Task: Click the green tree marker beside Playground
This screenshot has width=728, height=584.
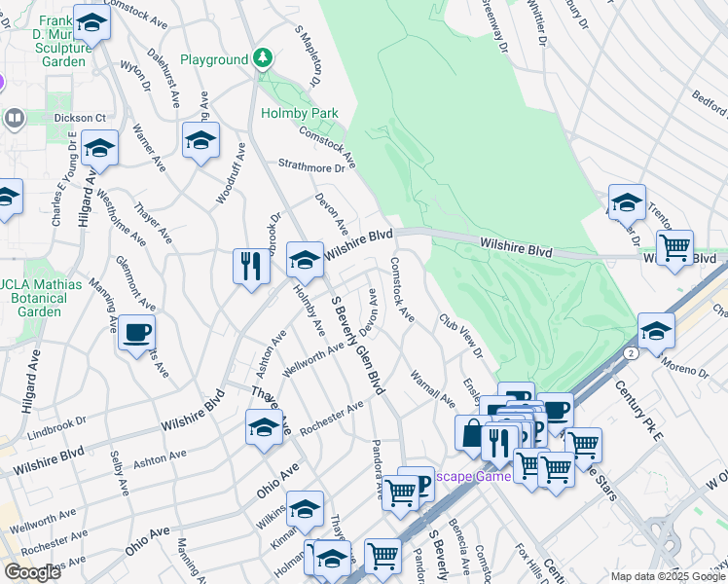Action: click(x=262, y=59)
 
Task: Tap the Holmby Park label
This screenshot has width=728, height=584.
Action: click(x=299, y=113)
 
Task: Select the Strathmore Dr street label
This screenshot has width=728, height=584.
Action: click(x=312, y=166)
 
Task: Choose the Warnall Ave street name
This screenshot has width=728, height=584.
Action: click(x=432, y=387)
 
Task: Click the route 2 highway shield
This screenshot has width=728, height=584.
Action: click(x=632, y=351)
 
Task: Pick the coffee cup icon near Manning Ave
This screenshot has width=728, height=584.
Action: click(x=136, y=333)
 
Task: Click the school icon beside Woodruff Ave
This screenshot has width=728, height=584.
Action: click(x=200, y=141)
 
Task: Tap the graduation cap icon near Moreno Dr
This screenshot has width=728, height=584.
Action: click(x=657, y=332)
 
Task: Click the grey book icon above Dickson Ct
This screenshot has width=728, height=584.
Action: click(x=15, y=119)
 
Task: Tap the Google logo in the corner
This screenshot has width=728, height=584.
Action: click(x=31, y=571)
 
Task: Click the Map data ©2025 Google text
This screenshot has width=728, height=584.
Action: click(x=668, y=576)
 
